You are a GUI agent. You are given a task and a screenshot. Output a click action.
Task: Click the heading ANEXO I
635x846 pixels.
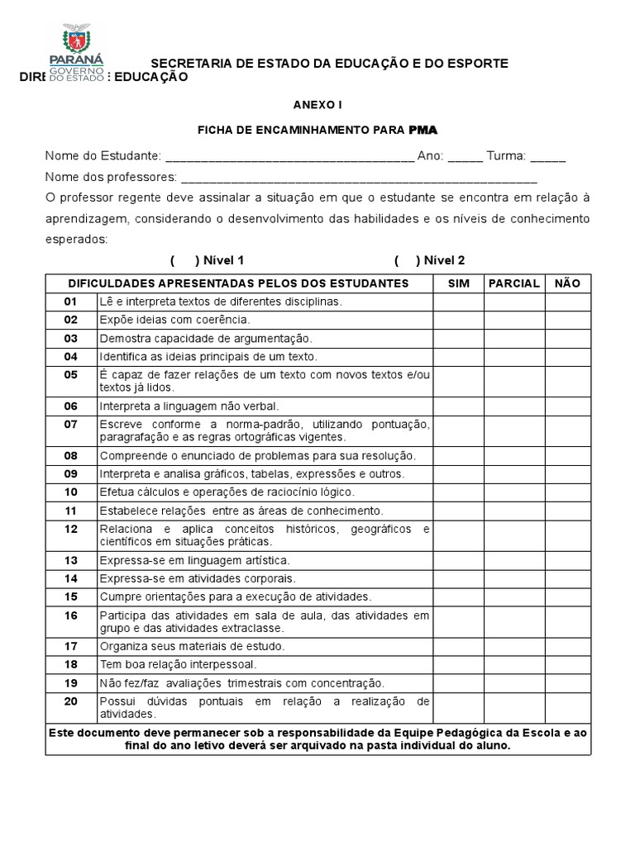(x=317, y=105)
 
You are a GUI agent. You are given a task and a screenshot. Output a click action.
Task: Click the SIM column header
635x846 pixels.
(x=458, y=283)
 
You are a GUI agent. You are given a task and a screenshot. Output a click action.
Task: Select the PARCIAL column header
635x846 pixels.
(x=514, y=283)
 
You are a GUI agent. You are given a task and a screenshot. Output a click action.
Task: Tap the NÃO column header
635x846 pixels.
(x=567, y=283)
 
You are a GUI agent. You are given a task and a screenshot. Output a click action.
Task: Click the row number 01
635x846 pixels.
(x=70, y=302)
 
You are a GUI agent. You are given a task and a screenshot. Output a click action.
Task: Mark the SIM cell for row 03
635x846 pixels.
(x=458, y=339)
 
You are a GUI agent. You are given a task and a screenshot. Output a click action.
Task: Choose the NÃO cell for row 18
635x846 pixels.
(x=567, y=664)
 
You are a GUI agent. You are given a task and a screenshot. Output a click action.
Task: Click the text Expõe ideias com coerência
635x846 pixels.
(x=174, y=321)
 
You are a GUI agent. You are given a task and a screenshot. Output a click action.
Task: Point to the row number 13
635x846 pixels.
(x=70, y=560)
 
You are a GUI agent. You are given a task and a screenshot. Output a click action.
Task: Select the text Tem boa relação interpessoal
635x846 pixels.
(x=178, y=664)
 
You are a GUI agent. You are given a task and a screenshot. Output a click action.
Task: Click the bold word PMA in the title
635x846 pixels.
(x=423, y=130)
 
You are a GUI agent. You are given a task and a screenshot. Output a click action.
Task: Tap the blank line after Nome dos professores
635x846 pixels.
(x=359, y=178)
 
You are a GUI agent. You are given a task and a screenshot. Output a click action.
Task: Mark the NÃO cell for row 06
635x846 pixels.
(x=567, y=406)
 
